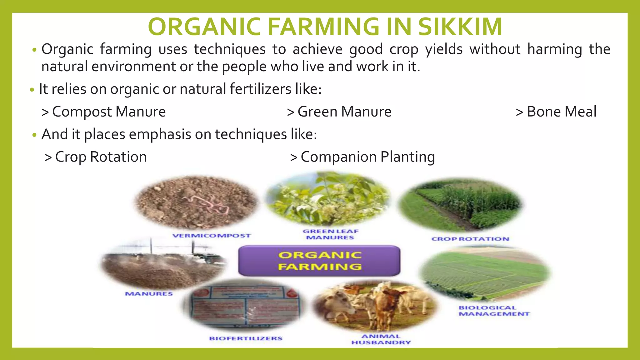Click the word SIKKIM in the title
460,27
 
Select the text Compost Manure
109,112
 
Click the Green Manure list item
344,112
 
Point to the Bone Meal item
561,112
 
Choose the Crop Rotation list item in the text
101,157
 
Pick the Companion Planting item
367,157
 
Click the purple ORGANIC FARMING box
319,261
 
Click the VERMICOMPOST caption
212,236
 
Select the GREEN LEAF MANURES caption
330,234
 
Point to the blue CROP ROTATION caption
470,239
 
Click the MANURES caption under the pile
149,294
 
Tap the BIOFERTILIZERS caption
246,338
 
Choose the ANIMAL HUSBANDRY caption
381,339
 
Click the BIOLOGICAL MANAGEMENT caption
494,311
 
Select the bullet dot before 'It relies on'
32,90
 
